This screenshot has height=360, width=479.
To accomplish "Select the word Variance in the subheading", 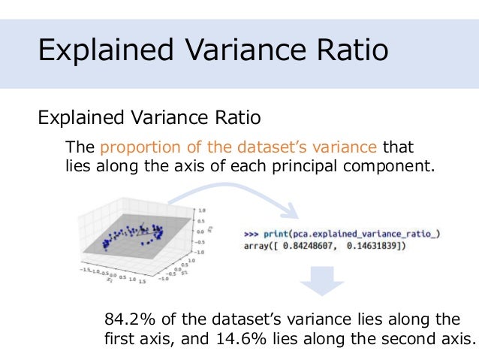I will [x=182, y=118].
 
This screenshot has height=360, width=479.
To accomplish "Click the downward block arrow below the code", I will [x=322, y=283].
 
